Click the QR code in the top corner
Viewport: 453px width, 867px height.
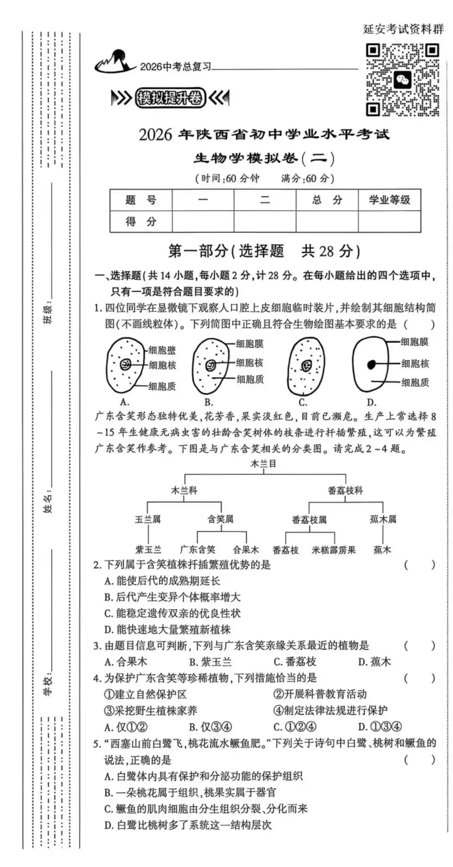[403, 80]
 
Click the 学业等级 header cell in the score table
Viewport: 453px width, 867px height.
[389, 200]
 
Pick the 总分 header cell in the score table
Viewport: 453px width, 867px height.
[327, 200]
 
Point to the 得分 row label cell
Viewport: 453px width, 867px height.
[141, 221]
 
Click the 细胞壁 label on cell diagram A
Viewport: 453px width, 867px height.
[162, 350]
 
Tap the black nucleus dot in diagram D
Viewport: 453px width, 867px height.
[371, 365]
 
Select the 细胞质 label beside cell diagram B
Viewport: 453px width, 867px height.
[250, 379]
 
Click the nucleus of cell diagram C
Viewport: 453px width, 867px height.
[306, 366]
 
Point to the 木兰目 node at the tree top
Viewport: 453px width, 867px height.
[263, 464]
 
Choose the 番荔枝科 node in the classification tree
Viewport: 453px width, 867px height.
[345, 490]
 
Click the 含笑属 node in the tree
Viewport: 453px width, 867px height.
[221, 519]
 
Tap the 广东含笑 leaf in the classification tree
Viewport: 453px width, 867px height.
[198, 550]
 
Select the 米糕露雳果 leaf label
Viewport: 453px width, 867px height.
[334, 550]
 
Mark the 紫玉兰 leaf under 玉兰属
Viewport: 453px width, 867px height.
[148, 550]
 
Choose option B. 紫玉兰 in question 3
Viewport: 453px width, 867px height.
[210, 662]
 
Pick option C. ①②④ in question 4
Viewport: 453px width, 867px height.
[295, 726]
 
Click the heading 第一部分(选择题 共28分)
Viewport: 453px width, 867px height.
[264, 251]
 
